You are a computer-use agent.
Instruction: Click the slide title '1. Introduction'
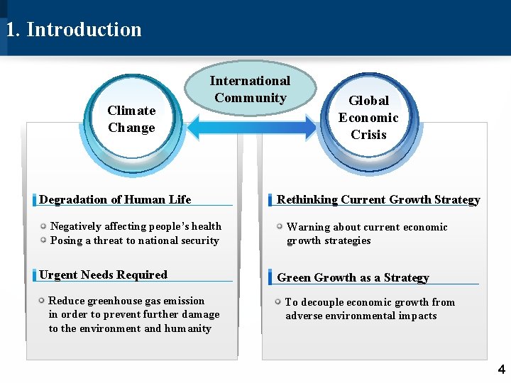tap(74, 30)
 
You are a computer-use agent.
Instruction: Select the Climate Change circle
tap(132, 119)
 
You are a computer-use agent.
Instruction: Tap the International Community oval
tap(250, 89)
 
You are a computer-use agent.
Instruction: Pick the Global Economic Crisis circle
tap(368, 118)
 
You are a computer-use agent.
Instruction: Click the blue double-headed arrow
tap(250, 128)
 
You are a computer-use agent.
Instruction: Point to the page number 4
tap(501, 370)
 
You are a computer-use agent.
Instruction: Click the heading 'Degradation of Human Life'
tap(115, 200)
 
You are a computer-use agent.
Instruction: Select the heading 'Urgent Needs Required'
tap(104, 275)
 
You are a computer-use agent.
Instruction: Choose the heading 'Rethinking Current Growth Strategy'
tap(378, 200)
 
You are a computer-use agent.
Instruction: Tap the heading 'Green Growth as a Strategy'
tap(353, 277)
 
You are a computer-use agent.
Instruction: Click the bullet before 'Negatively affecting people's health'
tap(43, 226)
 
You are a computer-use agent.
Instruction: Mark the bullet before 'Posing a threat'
tap(43, 240)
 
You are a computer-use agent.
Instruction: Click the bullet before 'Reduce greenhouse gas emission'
tap(42, 301)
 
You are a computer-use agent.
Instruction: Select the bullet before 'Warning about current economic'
tap(280, 226)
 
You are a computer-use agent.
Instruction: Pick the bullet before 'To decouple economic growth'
tap(278, 302)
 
